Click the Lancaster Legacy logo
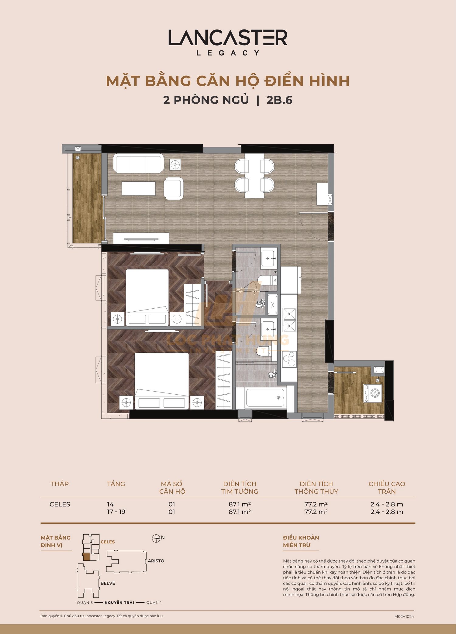(x=228, y=42)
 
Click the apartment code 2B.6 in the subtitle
(x=279, y=100)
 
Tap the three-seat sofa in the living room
(x=138, y=163)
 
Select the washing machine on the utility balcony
(x=373, y=393)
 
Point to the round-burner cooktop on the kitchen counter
(x=289, y=359)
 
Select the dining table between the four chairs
(x=254, y=176)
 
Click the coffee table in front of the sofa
(x=138, y=188)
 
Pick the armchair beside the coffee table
(x=174, y=188)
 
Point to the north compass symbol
(x=156, y=539)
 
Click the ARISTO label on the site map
(x=156, y=561)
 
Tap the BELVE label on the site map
(x=108, y=583)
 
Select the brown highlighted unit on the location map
(x=86, y=557)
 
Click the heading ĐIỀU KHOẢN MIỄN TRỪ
(x=301, y=541)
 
